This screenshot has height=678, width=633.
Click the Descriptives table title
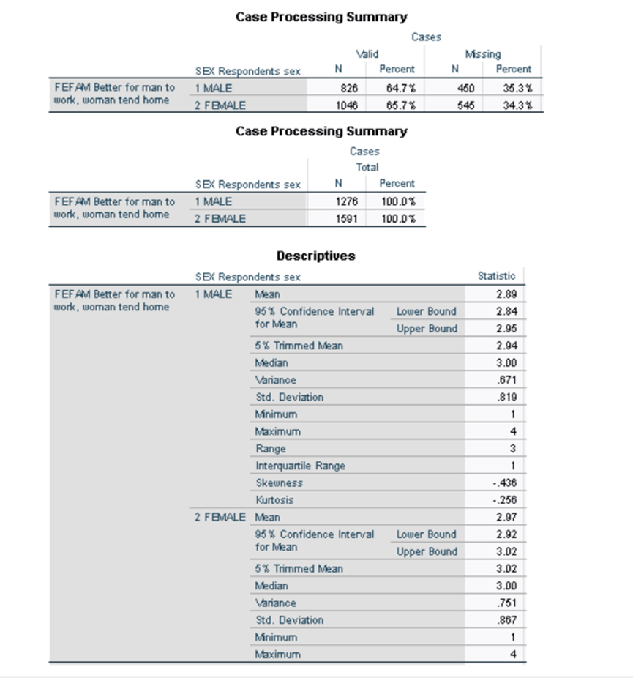[315, 256]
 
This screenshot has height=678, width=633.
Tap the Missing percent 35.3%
[517, 88]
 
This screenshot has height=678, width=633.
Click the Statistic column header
[496, 276]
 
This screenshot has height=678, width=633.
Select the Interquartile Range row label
[300, 466]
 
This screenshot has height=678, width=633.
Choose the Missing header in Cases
[483, 54]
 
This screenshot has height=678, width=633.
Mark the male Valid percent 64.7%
[398, 88]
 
